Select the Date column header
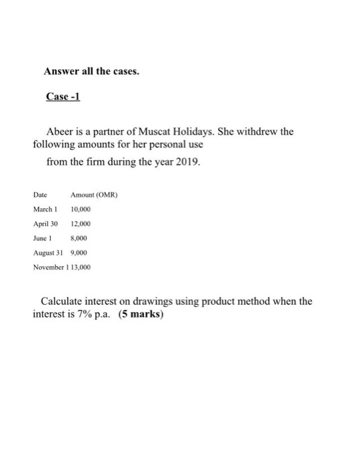(x=39, y=194)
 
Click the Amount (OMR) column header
(x=91, y=194)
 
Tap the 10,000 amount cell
(x=81, y=208)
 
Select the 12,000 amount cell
(x=81, y=223)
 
